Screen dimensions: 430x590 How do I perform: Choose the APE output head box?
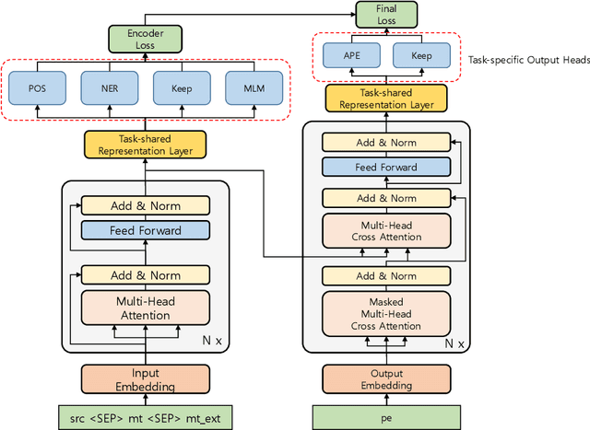click(x=350, y=56)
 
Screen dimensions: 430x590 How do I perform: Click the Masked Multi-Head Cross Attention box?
click(x=385, y=313)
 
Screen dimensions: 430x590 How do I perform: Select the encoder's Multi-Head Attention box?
click(x=144, y=308)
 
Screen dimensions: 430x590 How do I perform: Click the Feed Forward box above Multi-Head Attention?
click(x=144, y=230)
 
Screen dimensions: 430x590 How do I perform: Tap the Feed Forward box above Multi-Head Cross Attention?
click(x=385, y=168)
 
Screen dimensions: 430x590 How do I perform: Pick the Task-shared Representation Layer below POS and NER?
click(x=144, y=144)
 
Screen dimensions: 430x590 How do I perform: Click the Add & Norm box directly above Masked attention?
click(x=385, y=275)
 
